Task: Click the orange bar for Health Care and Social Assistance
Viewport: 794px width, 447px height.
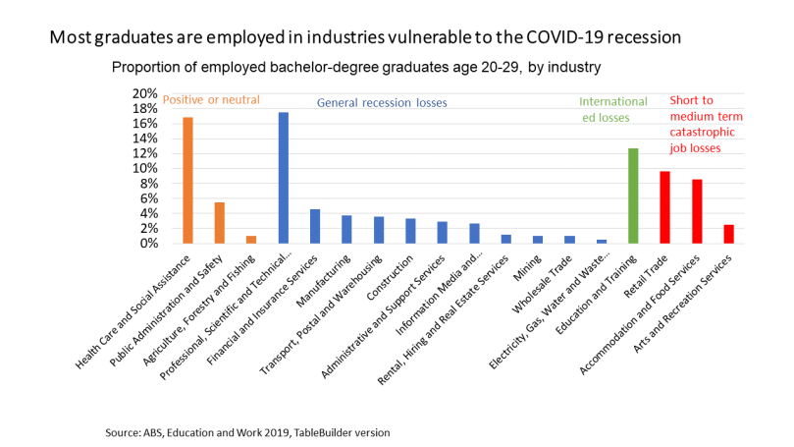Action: pos(187,181)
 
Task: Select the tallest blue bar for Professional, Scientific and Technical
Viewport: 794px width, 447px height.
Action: pos(284,178)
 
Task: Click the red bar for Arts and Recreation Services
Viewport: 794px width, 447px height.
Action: pos(728,234)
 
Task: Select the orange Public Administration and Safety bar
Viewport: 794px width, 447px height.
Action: pos(219,223)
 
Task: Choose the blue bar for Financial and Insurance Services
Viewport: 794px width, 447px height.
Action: pos(315,226)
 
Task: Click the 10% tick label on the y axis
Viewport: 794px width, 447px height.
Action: pos(144,169)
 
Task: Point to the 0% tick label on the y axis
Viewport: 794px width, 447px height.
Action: pos(147,244)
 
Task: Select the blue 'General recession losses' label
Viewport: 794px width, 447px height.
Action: pos(381,102)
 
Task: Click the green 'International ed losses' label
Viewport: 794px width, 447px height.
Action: pos(613,109)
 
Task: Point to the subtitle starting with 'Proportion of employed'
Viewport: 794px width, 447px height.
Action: pos(355,68)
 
